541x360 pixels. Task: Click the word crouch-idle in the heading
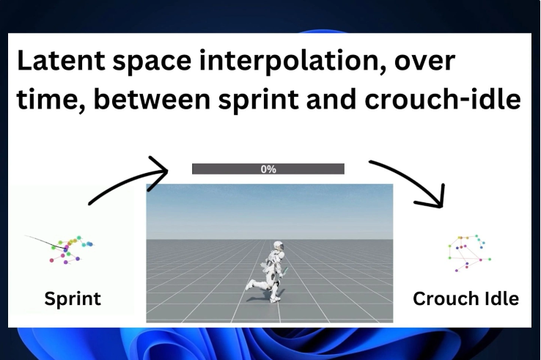tap(443, 99)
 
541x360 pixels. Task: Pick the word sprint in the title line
tap(259, 101)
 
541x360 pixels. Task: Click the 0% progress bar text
tap(268, 169)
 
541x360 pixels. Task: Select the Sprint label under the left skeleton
tap(73, 299)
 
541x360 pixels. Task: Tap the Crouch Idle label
tap(465, 299)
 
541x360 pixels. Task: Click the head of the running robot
tap(279, 246)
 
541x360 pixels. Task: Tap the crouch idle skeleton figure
tap(469, 254)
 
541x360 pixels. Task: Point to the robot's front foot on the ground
tap(274, 300)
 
